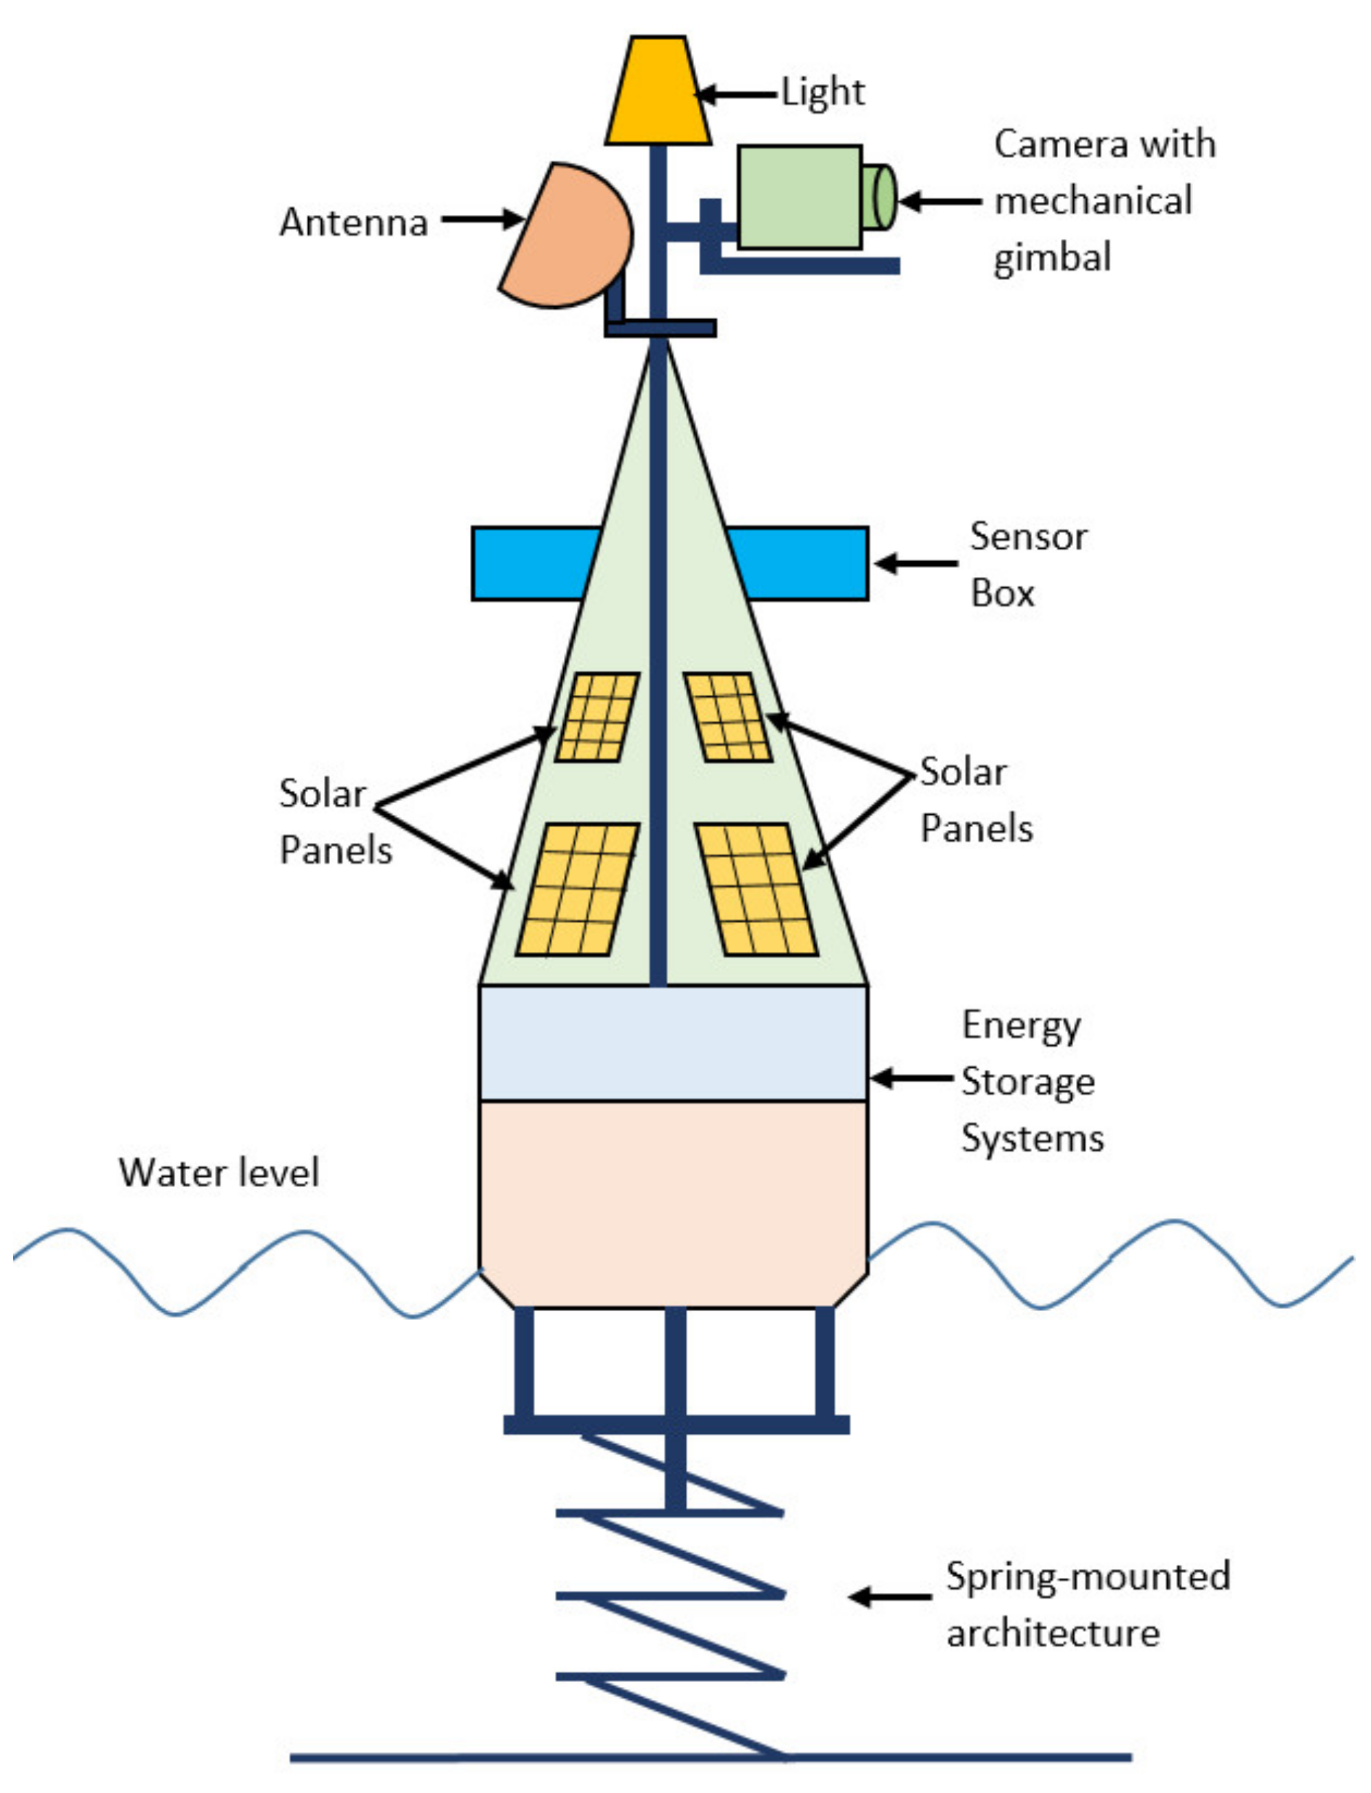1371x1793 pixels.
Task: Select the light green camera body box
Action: [x=799, y=196]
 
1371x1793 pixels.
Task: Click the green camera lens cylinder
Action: [x=880, y=196]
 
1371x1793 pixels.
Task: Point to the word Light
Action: [x=822, y=92]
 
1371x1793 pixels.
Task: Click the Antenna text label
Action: [x=354, y=222]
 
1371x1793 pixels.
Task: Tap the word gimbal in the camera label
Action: [x=1052, y=258]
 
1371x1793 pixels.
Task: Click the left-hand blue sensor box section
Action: [x=531, y=563]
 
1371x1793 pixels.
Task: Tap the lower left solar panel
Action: [x=578, y=889]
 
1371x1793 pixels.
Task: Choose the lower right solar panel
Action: [x=755, y=889]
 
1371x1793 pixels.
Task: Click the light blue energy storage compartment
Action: [x=673, y=1044]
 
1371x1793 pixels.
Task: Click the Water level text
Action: [x=219, y=1173]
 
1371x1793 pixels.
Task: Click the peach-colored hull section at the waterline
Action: [x=673, y=1199]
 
